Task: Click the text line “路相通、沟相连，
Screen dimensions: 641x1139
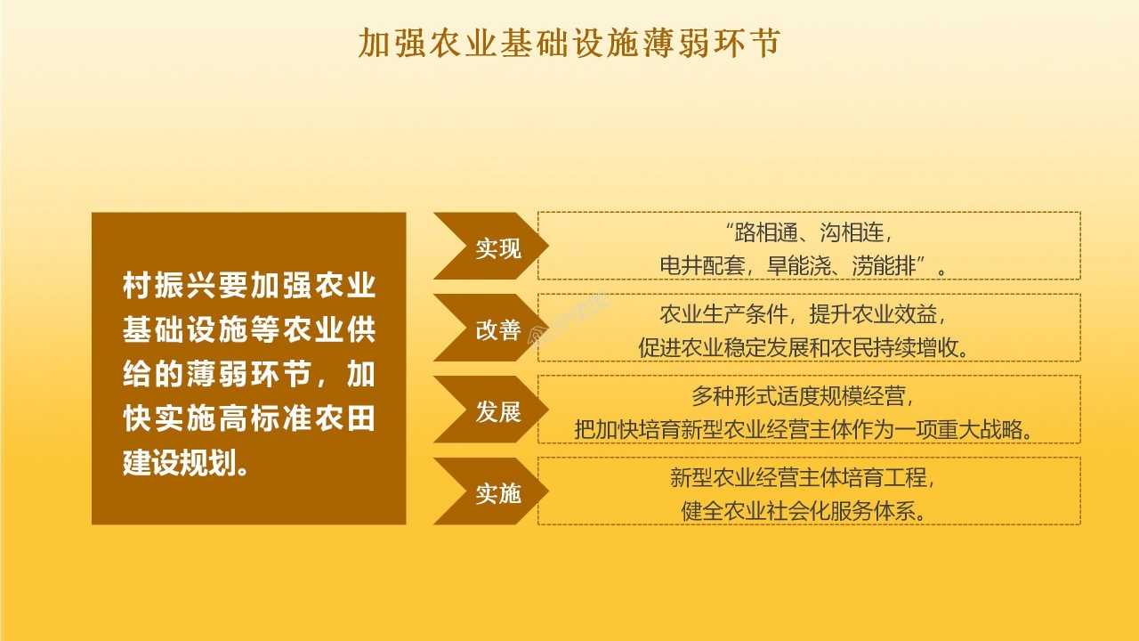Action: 809,234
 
